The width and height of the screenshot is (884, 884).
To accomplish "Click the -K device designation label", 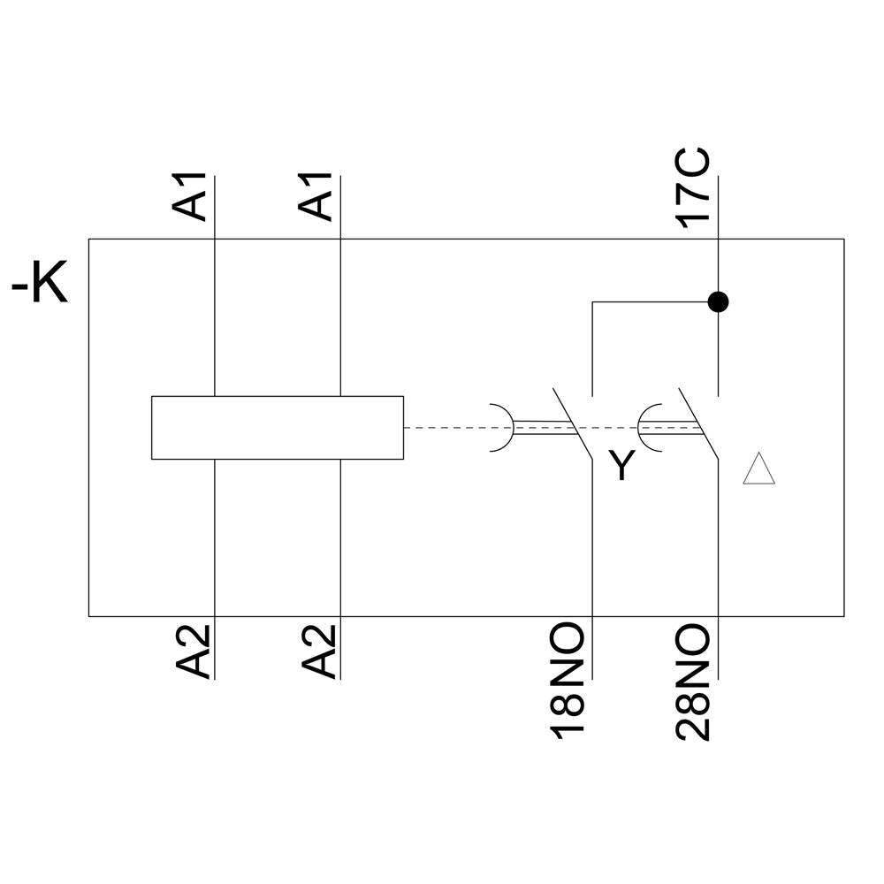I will (x=40, y=286).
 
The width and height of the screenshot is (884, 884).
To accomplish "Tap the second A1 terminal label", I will (x=317, y=196).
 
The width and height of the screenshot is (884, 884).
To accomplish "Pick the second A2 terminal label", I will (x=317, y=652).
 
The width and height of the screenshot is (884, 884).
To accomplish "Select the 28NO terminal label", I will (x=694, y=681).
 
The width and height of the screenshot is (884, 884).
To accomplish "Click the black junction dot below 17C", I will (x=719, y=302).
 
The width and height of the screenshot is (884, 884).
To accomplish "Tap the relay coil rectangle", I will (x=277, y=428).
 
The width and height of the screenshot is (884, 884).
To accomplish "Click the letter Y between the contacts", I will (x=622, y=466).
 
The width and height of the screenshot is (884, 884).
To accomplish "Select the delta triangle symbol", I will (x=759, y=469).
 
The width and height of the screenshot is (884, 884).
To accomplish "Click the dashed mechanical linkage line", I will (x=446, y=428).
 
